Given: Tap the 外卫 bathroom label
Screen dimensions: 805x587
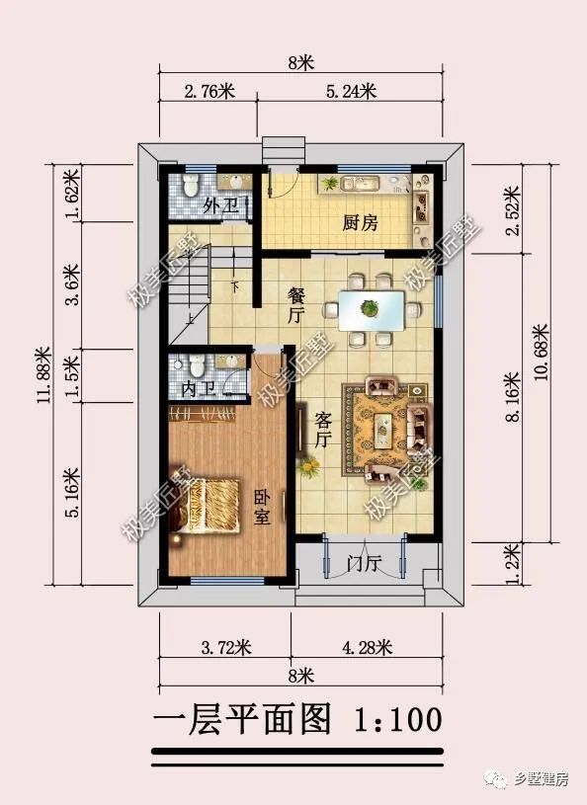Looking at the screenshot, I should pos(217,206).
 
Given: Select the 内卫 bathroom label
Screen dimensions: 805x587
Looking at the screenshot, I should pos(197,388).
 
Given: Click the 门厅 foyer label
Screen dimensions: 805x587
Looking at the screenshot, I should pos(364,564).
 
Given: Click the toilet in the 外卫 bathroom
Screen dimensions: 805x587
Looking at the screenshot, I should pos(194,184).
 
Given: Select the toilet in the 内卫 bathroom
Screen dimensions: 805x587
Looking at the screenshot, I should pos(197,366).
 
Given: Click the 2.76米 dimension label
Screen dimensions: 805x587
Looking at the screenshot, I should pos(209,92).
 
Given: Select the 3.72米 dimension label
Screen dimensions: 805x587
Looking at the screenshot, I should pos(226,648).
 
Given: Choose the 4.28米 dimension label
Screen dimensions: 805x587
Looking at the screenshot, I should pos(368,648).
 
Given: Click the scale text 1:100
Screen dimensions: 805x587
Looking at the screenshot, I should pos(396,718).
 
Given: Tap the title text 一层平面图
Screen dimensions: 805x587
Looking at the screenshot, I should pos(242,718).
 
